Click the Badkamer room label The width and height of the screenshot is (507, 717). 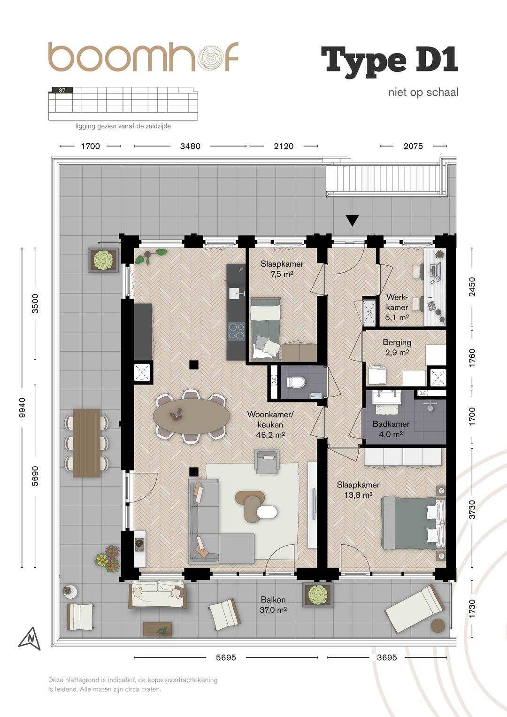point(391,424)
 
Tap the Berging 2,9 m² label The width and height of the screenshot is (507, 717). point(397,347)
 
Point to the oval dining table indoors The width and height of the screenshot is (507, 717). point(192,416)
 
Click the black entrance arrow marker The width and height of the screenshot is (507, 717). point(353,220)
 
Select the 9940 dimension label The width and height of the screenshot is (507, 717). point(22,408)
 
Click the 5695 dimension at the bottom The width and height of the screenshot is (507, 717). point(226,657)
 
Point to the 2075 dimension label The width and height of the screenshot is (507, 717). point(413,146)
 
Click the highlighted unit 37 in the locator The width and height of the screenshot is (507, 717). point(62,90)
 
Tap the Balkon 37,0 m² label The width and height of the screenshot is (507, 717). point(273,605)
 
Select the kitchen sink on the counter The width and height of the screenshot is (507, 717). point(236,293)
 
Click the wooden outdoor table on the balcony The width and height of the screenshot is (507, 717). point(86,443)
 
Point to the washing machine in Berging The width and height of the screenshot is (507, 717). point(376,375)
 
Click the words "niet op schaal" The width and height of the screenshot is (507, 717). point(423,92)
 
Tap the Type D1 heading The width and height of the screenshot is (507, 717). point(390,61)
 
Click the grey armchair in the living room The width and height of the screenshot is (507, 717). point(267,461)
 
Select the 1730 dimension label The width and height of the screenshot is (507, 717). point(472,609)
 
